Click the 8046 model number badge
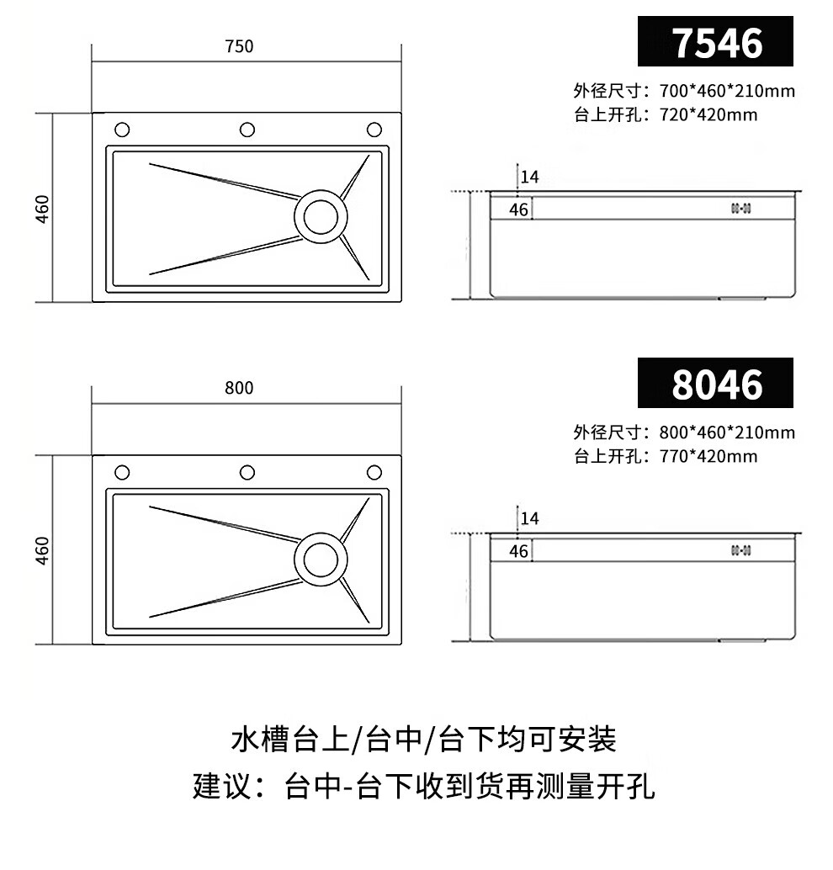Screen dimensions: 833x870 click(715, 385)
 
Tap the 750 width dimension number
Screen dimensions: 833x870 click(239, 47)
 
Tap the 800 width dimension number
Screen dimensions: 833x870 click(239, 388)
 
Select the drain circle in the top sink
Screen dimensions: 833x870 click(321, 216)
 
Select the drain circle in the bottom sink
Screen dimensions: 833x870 click(321, 559)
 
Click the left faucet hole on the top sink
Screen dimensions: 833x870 click(122, 130)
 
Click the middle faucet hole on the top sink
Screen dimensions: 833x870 click(247, 130)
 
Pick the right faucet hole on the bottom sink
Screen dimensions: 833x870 click(374, 472)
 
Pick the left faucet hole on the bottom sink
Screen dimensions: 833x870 click(122, 472)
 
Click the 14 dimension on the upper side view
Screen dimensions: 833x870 click(529, 178)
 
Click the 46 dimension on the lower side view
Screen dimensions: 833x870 click(519, 551)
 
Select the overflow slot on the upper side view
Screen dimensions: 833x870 click(740, 208)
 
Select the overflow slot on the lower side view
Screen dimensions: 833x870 click(740, 550)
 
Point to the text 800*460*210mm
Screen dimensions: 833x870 click(727, 433)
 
